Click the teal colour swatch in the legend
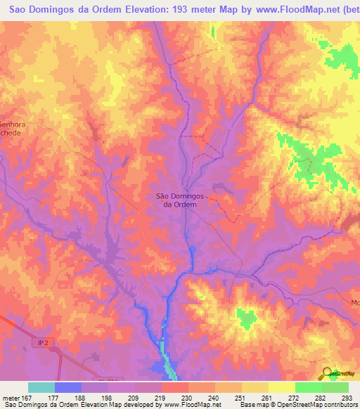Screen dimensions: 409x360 click(x=41, y=387)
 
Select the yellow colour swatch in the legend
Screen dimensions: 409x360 click(x=282, y=387)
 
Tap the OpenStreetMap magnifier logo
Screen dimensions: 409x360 click(x=326, y=374)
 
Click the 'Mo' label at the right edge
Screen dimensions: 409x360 click(x=355, y=303)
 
